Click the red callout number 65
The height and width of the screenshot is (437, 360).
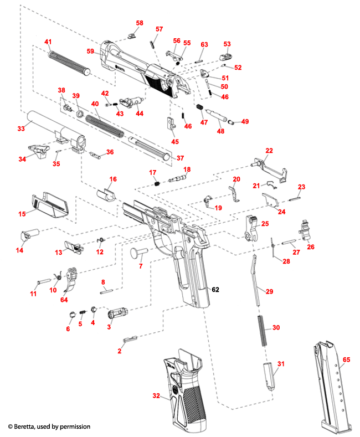pyautogui.click(x=346, y=359)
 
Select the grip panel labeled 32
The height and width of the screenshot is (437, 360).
pyautogui.click(x=186, y=394)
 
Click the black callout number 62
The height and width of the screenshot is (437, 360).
pyautogui.click(x=215, y=289)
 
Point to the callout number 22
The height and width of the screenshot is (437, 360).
pyautogui.click(x=269, y=151)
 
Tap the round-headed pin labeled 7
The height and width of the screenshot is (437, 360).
pyautogui.click(x=137, y=253)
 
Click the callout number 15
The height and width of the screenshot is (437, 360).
pyautogui.click(x=22, y=214)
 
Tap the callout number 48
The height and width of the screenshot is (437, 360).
pyautogui.click(x=220, y=131)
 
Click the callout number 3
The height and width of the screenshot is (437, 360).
pyautogui.click(x=109, y=327)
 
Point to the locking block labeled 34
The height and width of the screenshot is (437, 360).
pyautogui.click(x=38, y=150)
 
